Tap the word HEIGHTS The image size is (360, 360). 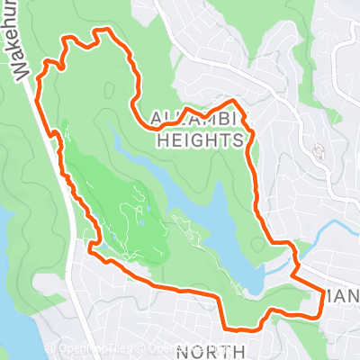click(200, 141)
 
